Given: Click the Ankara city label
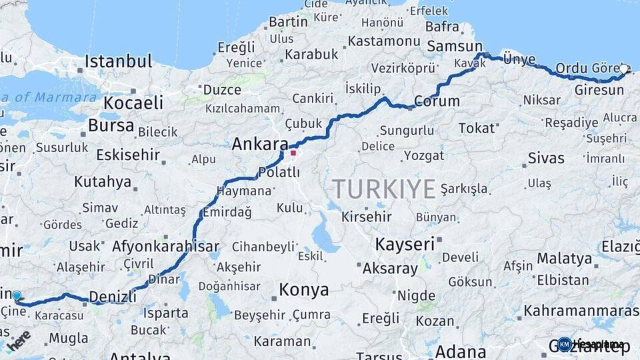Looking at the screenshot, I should (x=260, y=144).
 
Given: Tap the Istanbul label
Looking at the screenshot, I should (x=118, y=62).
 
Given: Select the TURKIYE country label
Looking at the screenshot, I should (x=384, y=189).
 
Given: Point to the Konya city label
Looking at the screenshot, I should (x=303, y=289).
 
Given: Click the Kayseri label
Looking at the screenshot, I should (x=405, y=244).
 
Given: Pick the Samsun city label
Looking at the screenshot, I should (x=454, y=46).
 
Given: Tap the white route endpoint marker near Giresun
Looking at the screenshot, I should (x=623, y=69).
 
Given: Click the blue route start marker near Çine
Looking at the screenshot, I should (x=16, y=296).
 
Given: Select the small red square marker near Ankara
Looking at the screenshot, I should (x=293, y=153).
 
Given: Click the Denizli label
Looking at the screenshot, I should (x=112, y=295).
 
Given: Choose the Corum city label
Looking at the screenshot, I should (x=437, y=101).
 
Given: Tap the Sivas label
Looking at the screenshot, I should (x=546, y=158).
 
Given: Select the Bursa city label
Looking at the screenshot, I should (x=111, y=125).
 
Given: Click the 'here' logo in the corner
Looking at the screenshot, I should (x=18, y=340).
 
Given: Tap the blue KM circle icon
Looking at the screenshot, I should (x=565, y=344).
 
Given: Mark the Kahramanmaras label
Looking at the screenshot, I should (x=581, y=311).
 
